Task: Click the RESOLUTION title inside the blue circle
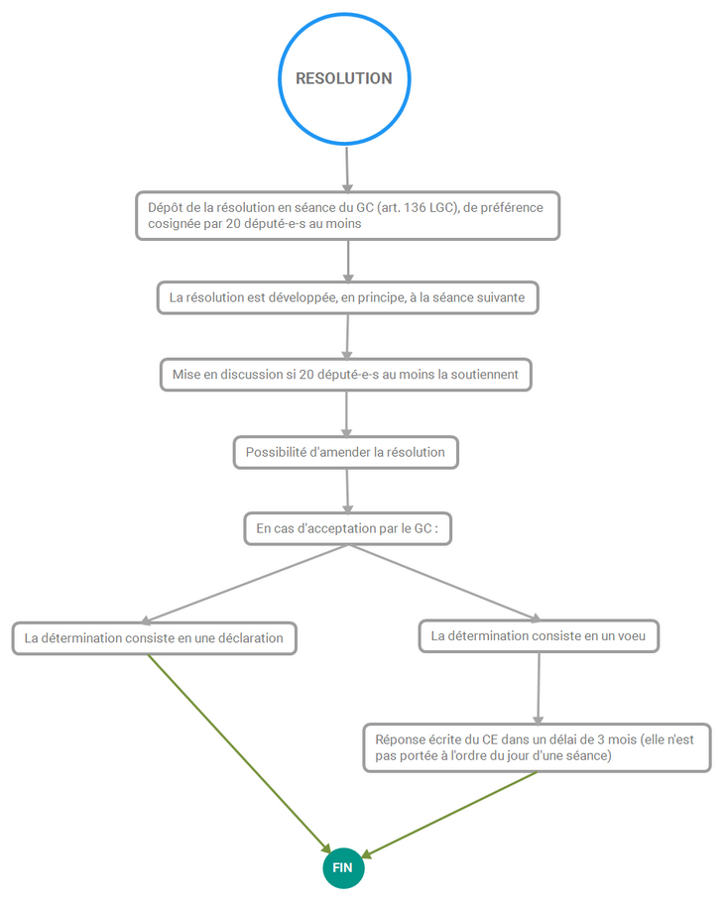344,78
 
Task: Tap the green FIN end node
343,867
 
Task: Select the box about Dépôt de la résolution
347,215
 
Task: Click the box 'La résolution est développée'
347,297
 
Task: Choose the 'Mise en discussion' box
345,375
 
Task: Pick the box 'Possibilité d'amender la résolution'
345,452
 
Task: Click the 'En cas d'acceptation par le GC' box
347,528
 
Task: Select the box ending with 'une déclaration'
154,638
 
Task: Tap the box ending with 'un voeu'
539,636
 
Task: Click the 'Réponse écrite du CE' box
537,747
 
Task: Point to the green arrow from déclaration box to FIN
239,754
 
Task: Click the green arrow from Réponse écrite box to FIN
449,815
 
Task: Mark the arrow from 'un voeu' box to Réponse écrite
539,689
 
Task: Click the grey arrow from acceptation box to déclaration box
244,584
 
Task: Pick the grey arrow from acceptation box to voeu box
444,583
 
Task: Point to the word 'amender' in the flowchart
344,452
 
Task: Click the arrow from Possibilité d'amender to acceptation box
347,491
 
